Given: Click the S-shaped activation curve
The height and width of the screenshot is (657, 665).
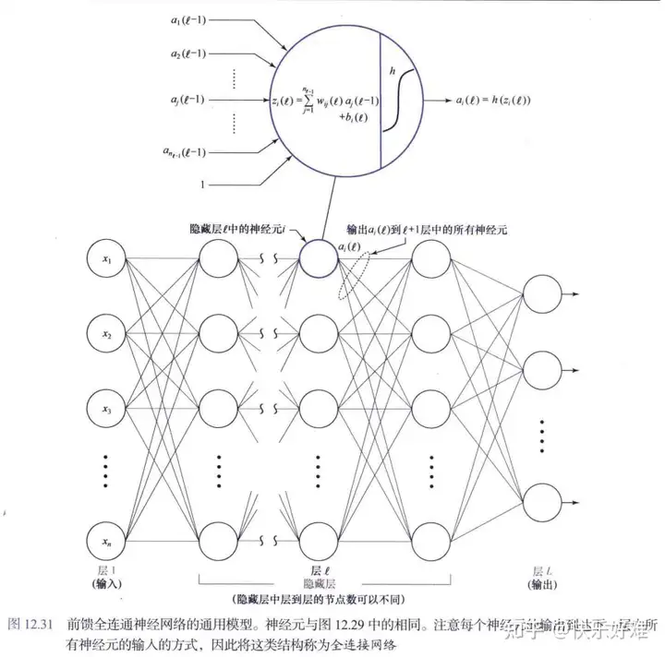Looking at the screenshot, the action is pyautogui.click(x=398, y=96).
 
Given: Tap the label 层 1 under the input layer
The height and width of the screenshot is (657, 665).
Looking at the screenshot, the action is pyautogui.click(x=107, y=573).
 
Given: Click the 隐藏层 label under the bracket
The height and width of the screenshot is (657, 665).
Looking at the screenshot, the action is pyautogui.click(x=319, y=585).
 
